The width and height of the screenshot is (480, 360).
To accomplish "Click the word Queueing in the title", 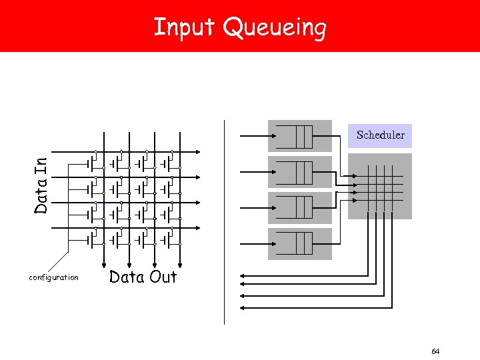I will tap(274, 29).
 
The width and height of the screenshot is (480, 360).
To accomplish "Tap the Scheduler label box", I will tap(380, 135).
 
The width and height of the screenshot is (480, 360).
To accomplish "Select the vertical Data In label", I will tap(41, 185).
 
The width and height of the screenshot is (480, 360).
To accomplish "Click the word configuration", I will tap(53, 277).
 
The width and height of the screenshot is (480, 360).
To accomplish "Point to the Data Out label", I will tap(143, 277).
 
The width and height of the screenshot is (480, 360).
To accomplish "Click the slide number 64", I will tap(435, 351).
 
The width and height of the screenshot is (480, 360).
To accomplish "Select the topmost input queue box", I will tap(299, 136).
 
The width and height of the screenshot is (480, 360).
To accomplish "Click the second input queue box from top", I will tap(299, 172).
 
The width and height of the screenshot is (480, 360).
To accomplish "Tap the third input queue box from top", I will tap(299, 208).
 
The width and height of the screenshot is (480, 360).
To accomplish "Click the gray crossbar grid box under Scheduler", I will tap(380, 186).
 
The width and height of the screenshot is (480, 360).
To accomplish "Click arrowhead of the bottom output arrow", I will tap(241, 308).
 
